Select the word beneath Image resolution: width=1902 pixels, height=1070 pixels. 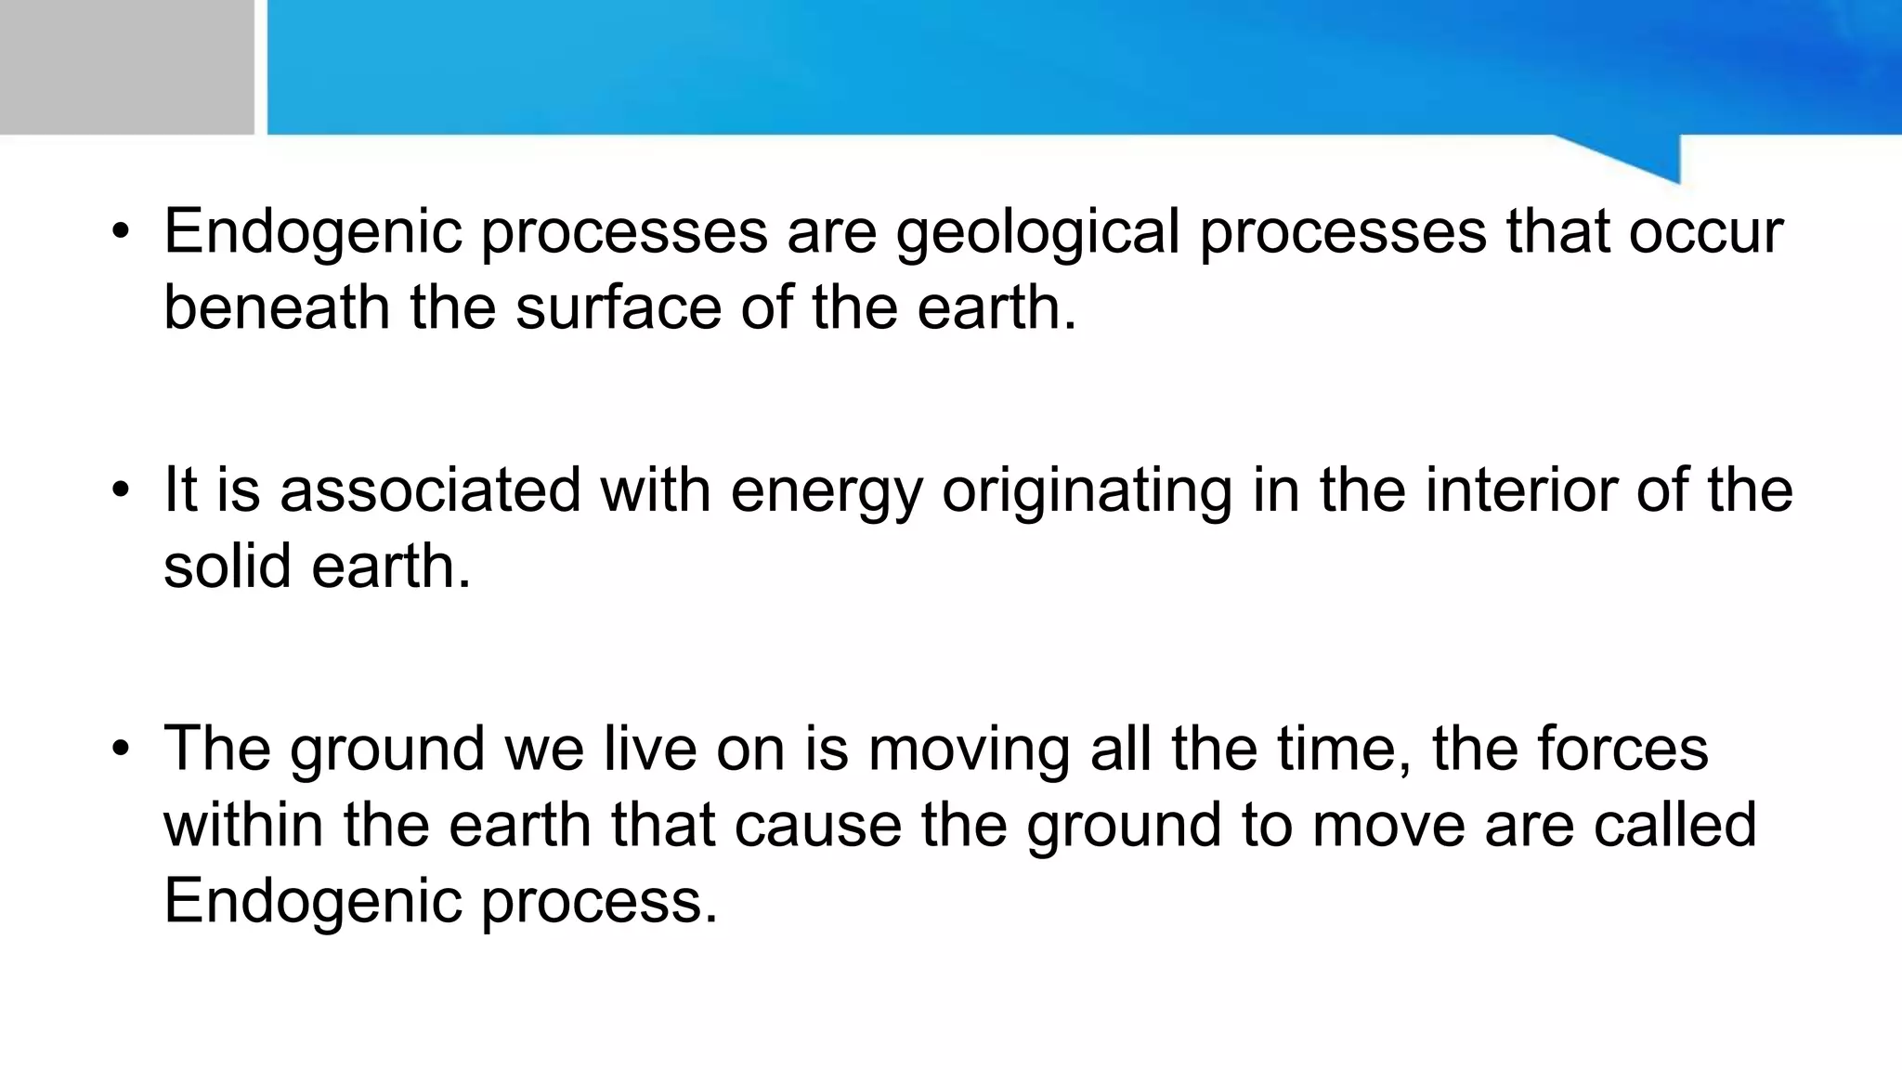277,307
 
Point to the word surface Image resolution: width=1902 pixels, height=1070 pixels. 619,307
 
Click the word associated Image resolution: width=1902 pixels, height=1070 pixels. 430,489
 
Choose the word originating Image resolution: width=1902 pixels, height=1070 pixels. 1087,491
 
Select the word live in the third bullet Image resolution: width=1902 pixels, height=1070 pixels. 650,749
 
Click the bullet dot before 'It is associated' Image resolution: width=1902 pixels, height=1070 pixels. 120,489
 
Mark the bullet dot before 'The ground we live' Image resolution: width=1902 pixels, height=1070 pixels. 120,749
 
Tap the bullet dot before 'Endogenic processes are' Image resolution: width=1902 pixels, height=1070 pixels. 120,232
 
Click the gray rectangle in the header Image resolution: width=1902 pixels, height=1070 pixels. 126,67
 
